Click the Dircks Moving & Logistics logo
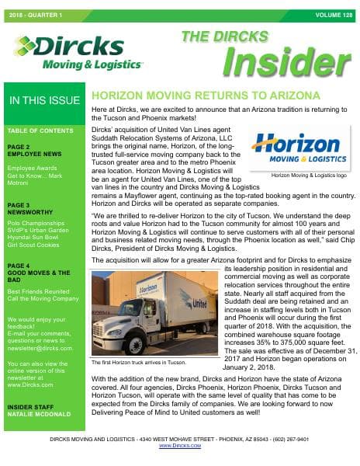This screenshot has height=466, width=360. point(78,53)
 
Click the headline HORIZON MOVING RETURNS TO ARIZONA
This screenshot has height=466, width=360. point(205,96)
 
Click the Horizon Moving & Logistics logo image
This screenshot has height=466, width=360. point(296,149)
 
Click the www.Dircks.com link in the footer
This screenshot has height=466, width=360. point(180,447)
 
